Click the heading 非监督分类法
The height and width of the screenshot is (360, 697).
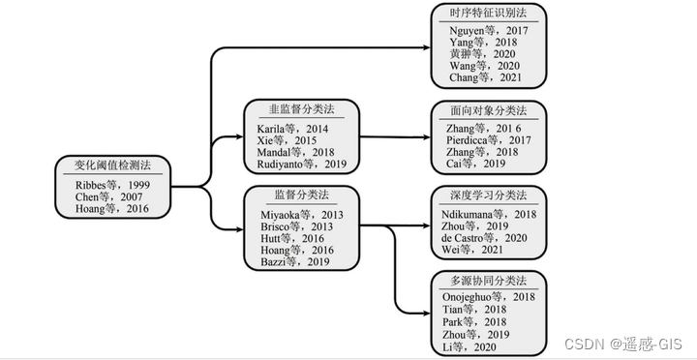pyautogui.click(x=301, y=109)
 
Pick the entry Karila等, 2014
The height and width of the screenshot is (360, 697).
pyautogui.click(x=293, y=129)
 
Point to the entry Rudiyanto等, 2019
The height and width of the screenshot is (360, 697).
pyautogui.click(x=301, y=165)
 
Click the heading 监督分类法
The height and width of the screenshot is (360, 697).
pyautogui.click(x=301, y=195)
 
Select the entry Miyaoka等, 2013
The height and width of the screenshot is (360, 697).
pyautogui.click(x=300, y=213)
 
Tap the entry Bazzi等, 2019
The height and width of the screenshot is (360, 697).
pyautogui.click(x=294, y=261)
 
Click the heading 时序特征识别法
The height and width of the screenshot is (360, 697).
pyautogui.click(x=489, y=14)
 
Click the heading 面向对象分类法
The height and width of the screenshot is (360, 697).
pyautogui.click(x=490, y=109)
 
